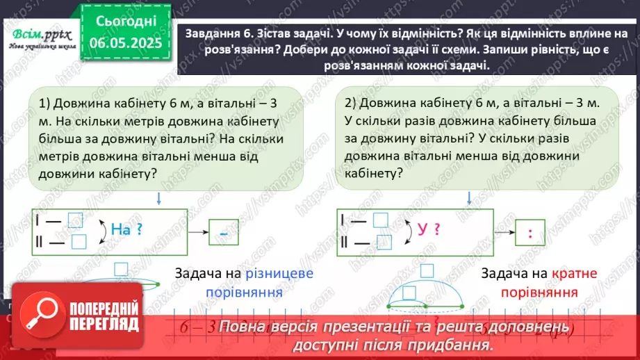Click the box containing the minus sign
tap(224, 234)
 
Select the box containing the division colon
tap(530, 234)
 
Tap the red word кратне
tap(575, 274)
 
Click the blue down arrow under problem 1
tap(159, 199)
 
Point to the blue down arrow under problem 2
tap(466, 199)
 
